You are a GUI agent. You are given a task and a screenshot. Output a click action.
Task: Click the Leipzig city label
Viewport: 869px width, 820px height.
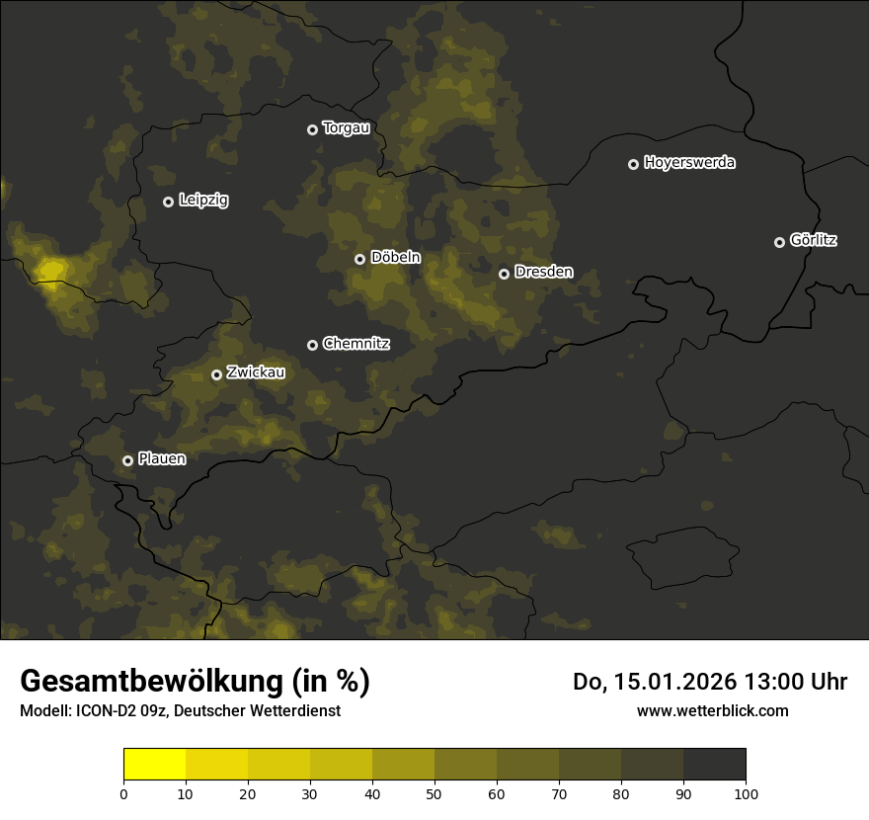coord(203,201)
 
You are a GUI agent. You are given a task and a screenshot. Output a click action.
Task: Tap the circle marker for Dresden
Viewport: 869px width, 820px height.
coord(504,274)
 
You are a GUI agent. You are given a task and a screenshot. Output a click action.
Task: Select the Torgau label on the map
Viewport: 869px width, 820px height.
coord(346,128)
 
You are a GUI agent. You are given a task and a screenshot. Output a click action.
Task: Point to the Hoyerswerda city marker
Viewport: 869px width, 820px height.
coord(633,164)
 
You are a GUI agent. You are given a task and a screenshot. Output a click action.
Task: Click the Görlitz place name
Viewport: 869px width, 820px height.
coord(814,240)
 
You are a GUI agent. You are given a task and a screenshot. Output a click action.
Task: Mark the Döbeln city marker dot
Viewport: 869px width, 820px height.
coord(359,259)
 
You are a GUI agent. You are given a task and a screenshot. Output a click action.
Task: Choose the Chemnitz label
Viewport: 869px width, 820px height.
coord(356,344)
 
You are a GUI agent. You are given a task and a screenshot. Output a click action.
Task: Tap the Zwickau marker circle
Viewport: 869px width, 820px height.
coord(216,374)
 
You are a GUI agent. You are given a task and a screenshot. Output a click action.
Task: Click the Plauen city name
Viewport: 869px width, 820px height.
coord(162,459)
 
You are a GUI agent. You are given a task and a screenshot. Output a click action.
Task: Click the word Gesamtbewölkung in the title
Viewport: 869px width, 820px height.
coord(150,682)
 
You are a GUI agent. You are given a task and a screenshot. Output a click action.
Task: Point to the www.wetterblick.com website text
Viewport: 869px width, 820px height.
coord(712,710)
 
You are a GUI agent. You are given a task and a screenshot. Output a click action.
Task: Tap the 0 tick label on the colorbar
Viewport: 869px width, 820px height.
coord(123,793)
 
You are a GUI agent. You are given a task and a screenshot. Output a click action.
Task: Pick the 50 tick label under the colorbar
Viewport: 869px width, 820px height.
coord(434,793)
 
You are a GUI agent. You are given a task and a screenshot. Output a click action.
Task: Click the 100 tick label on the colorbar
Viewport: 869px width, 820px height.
coord(746,793)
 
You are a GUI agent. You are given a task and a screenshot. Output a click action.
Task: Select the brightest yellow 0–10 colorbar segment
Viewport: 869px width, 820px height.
coord(154,765)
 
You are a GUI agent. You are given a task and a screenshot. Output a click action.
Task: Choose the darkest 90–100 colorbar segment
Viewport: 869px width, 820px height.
coord(714,765)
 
